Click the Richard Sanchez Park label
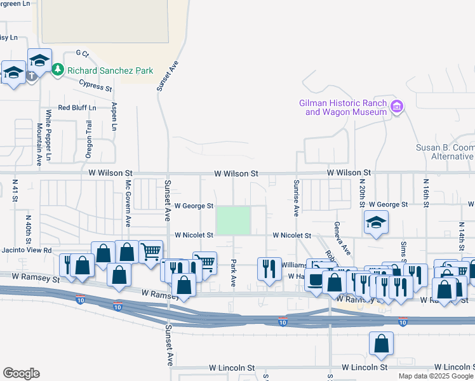coord(111,70)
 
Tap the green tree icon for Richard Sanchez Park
coord(58,69)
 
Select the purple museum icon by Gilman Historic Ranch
coord(398,107)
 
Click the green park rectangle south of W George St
coord(234,220)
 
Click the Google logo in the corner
coord(21,373)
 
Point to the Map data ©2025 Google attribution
coord(436,375)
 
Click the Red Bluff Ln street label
coord(77,108)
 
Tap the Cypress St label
coord(95,85)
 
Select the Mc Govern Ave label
coord(128,203)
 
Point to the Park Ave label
coord(234,272)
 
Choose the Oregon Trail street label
coord(89,139)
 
